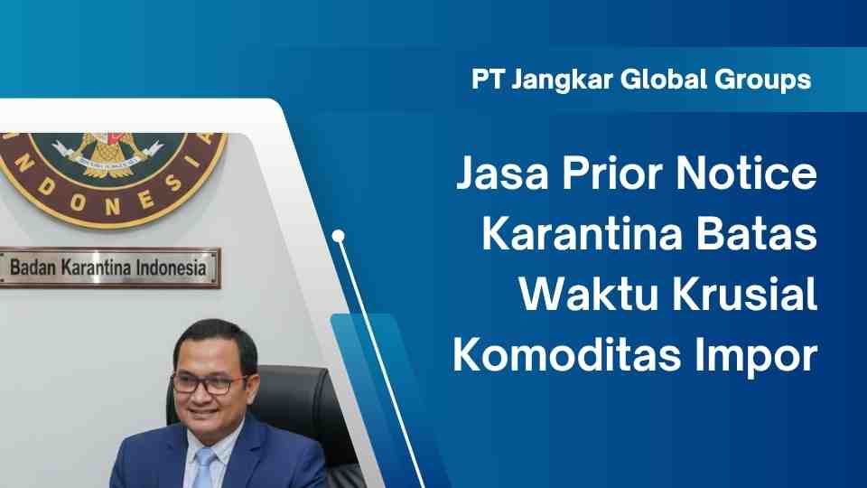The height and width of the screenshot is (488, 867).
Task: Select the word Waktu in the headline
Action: click(587, 295)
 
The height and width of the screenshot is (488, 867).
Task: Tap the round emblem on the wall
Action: click(108, 167)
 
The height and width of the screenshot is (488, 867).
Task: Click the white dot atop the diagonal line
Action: click(339, 238)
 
